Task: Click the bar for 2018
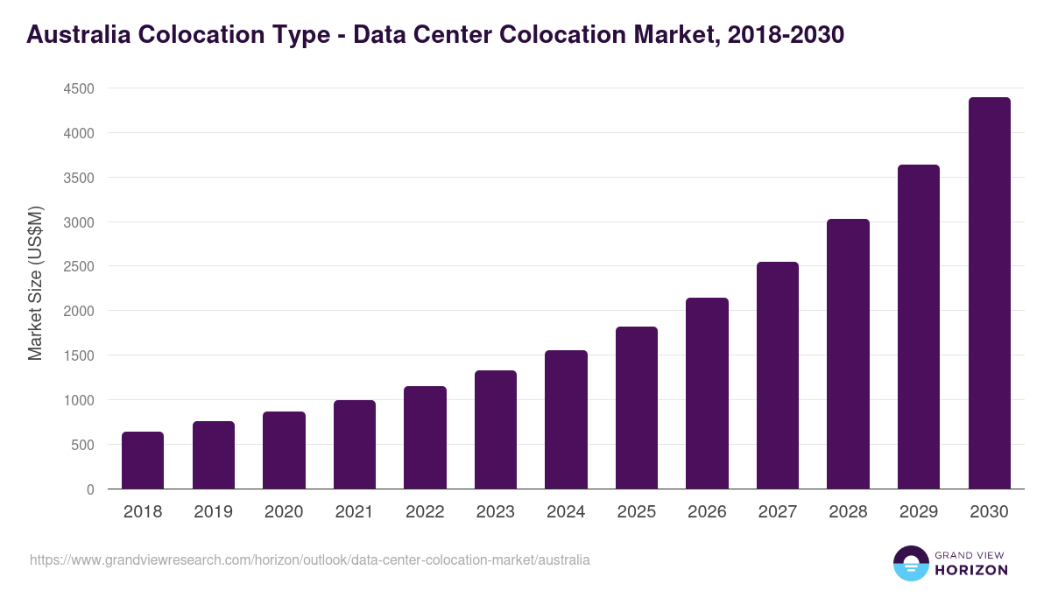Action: (143, 461)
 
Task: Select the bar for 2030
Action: (989, 293)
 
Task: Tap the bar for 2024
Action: (566, 420)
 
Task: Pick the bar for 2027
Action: (778, 376)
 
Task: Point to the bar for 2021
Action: (355, 445)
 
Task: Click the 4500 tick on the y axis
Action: (78, 88)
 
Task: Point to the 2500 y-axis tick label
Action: (78, 266)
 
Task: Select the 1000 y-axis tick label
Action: (78, 400)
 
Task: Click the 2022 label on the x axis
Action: (425, 512)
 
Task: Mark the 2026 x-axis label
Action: (707, 512)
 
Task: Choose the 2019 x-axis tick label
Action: (213, 512)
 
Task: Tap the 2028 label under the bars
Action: (848, 512)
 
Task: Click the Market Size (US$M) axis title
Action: (35, 283)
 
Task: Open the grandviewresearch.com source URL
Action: (310, 559)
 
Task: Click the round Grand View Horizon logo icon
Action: (910, 563)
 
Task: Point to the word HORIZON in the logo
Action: (970, 570)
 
